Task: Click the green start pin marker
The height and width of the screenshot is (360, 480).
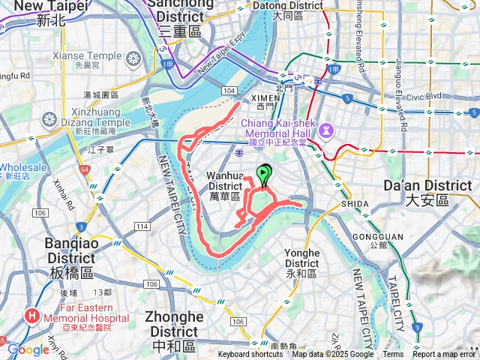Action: click(x=263, y=174)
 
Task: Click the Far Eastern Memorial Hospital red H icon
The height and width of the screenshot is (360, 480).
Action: click(x=33, y=316)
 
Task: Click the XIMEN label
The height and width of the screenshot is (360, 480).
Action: click(x=266, y=98)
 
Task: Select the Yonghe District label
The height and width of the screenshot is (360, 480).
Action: click(x=301, y=258)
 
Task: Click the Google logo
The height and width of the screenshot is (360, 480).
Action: click(x=28, y=349)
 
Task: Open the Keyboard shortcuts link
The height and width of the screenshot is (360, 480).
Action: click(x=250, y=355)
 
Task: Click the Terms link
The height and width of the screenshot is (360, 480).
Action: click(x=393, y=355)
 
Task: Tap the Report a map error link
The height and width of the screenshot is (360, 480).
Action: click(x=443, y=355)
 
